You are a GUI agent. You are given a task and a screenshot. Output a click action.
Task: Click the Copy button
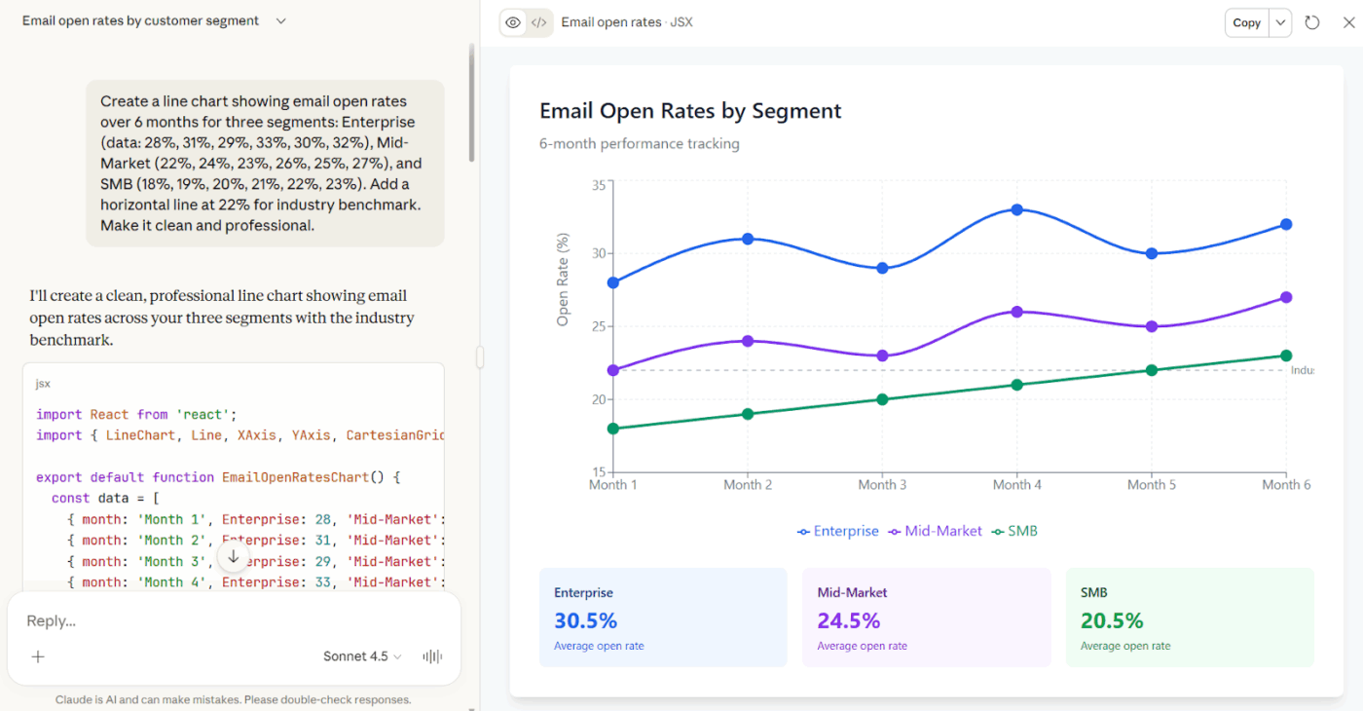point(1246,22)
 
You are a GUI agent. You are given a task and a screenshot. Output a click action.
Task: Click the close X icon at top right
point(1348,22)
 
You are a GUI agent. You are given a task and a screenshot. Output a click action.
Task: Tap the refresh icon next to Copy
point(1312,22)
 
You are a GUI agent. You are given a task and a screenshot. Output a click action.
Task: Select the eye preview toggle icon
point(513,22)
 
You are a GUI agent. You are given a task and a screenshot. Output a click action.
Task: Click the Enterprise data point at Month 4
point(1016,209)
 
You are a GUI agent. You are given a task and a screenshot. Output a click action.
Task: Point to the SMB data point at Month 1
point(612,429)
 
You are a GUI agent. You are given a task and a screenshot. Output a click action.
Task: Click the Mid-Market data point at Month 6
point(1286,297)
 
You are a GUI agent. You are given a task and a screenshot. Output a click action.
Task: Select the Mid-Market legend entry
point(936,531)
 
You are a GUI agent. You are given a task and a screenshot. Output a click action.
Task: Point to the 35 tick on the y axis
point(598,185)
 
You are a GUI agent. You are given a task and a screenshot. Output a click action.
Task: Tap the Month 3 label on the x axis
point(882,485)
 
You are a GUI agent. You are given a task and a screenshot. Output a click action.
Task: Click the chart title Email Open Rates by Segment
point(690,111)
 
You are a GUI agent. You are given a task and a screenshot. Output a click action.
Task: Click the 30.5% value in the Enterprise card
point(585,620)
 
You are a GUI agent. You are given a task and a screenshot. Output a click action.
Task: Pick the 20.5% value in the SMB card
point(1112,620)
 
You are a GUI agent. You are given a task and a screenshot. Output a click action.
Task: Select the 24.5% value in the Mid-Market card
point(848,620)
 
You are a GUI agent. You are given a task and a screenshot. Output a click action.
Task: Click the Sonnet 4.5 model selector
point(362,656)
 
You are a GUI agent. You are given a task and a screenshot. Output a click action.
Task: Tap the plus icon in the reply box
point(38,656)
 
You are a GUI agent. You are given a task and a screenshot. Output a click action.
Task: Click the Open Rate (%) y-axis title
point(563,280)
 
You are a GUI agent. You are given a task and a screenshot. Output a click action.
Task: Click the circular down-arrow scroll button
point(233,557)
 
